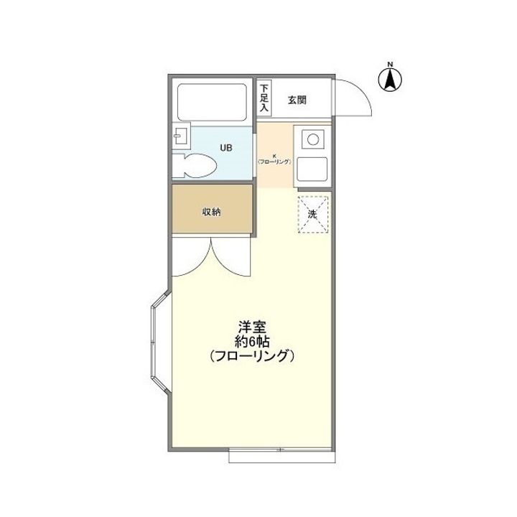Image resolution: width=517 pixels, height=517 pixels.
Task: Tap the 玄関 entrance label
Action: (297, 100)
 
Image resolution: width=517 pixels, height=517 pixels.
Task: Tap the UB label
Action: (225, 148)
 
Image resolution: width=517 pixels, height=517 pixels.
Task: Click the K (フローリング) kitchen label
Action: (275, 159)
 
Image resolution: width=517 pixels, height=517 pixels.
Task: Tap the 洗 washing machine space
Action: (313, 214)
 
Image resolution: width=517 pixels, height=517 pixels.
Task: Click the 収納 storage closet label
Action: (210, 211)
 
